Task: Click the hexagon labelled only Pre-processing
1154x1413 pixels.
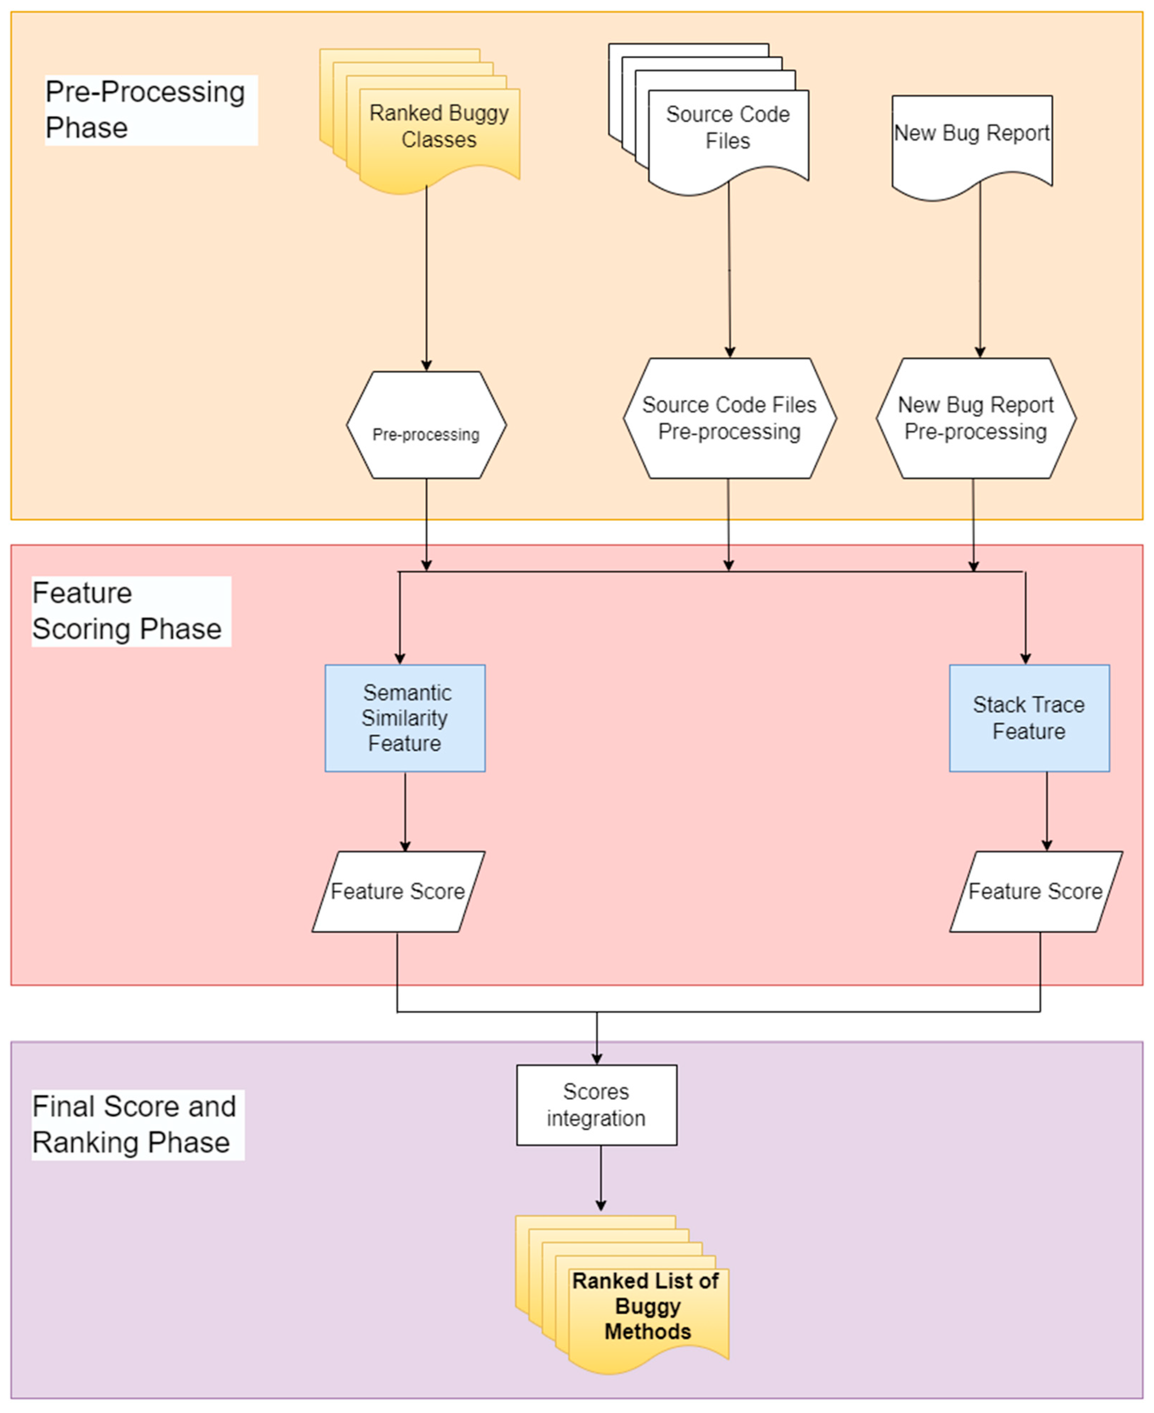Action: (x=426, y=425)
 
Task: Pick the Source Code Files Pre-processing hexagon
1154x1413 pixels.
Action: (x=729, y=419)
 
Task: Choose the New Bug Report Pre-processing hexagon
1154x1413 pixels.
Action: (x=975, y=419)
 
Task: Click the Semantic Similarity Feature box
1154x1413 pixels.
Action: (x=405, y=718)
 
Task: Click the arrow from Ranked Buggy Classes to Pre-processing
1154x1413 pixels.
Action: (x=426, y=279)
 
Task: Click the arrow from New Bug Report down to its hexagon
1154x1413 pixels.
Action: (x=980, y=273)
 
